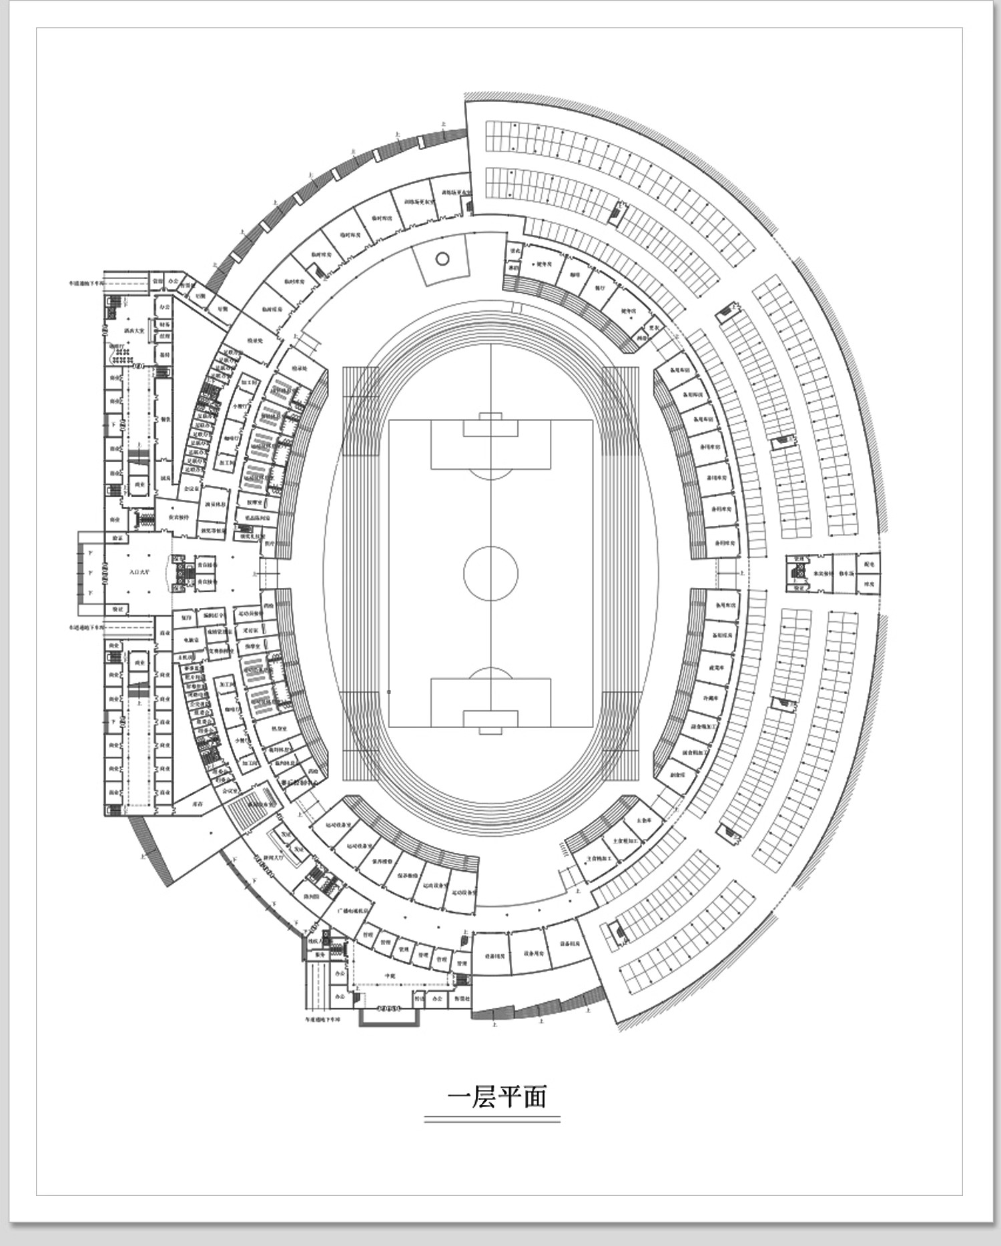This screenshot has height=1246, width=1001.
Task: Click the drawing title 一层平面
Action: tap(496, 1097)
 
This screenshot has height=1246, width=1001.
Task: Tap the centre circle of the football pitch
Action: tap(490, 573)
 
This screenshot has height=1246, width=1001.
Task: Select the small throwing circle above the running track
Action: tap(442, 258)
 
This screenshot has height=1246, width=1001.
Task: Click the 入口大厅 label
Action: tap(139, 572)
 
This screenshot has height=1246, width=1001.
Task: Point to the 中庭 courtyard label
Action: tap(391, 975)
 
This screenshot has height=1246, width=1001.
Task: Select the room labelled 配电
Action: tap(868, 564)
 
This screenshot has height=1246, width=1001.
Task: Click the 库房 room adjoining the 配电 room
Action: tap(868, 583)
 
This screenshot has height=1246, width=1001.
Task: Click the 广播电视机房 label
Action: tap(352, 910)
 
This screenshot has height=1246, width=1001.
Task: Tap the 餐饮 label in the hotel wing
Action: tap(164, 419)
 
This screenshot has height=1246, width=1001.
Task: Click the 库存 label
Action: tap(198, 805)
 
